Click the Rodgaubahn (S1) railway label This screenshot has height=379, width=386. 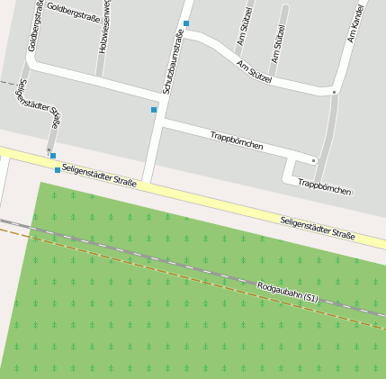[288, 292]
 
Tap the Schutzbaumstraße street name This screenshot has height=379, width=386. [172, 61]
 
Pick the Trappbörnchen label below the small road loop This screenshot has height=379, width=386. [324, 186]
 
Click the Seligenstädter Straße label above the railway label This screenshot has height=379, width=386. [317, 227]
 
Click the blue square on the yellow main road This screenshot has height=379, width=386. [58, 169]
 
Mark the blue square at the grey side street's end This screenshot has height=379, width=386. [53, 156]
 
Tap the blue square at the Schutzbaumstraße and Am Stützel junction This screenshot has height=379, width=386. [186, 23]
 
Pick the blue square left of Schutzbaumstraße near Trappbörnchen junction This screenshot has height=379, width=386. [154, 110]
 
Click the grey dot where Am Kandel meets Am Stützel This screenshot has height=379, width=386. [334, 92]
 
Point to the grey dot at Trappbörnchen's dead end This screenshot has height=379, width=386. [313, 160]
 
